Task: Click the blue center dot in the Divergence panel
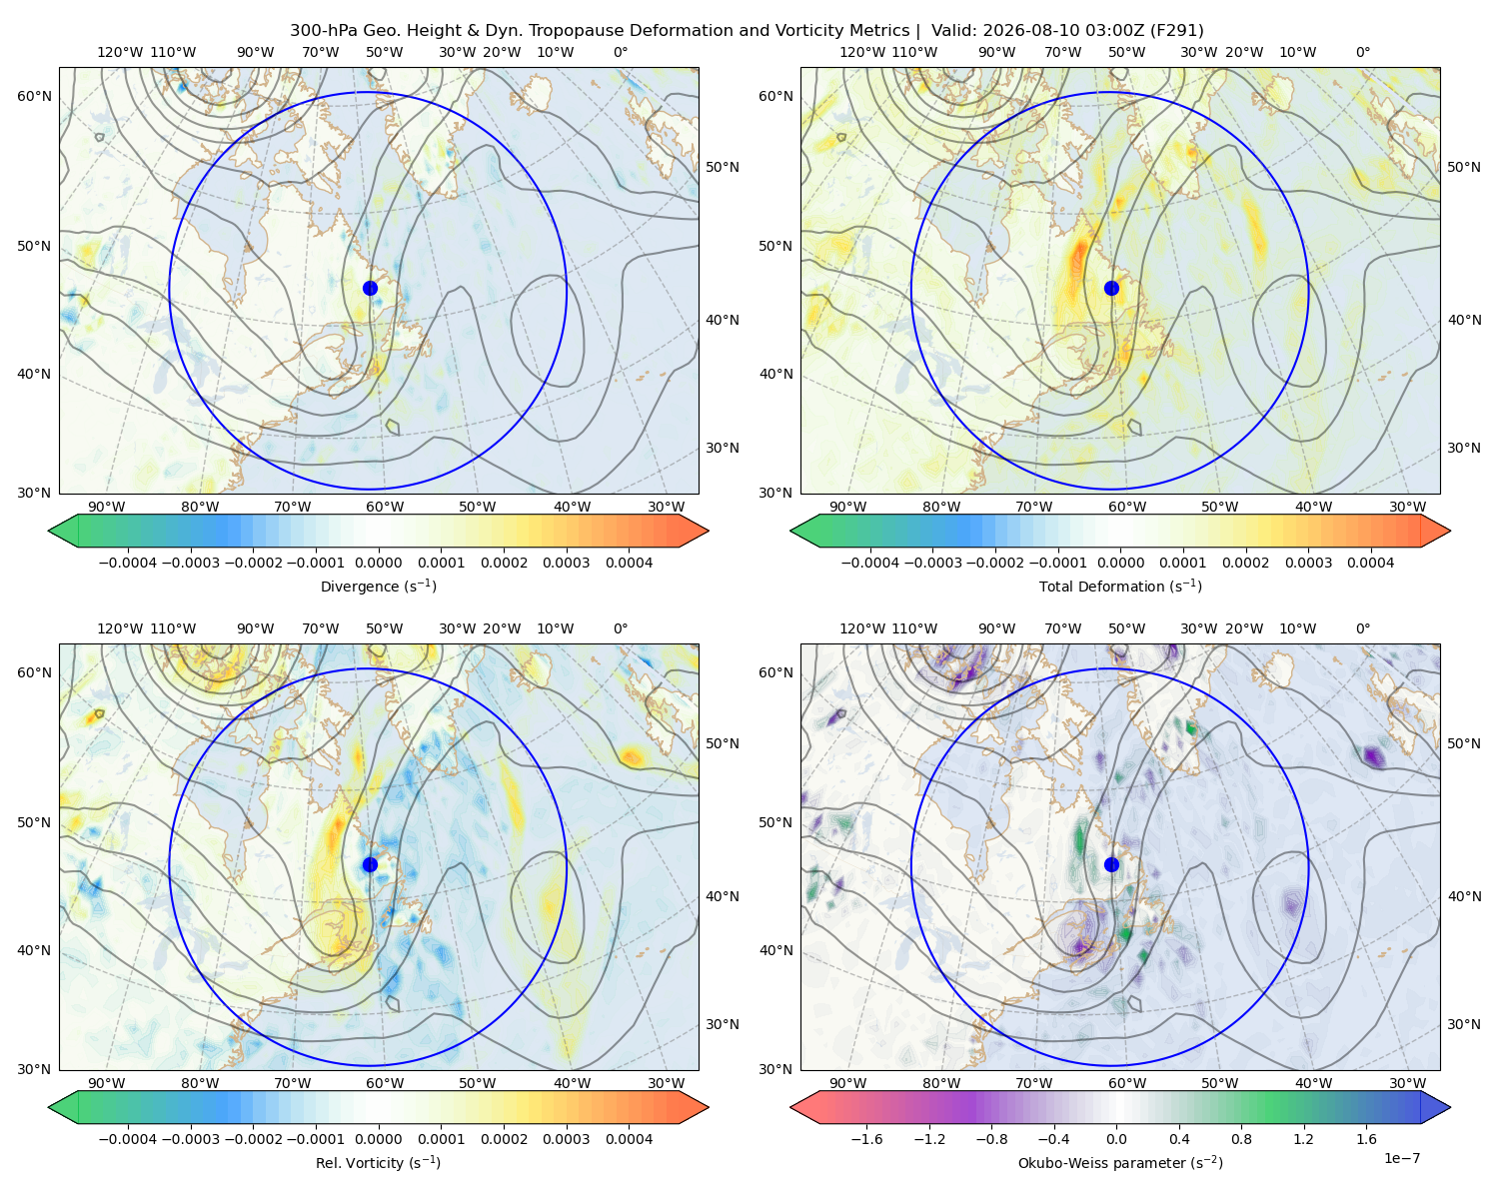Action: click(x=370, y=288)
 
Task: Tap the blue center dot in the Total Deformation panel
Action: click(x=1111, y=288)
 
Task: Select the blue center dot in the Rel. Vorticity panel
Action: click(x=370, y=864)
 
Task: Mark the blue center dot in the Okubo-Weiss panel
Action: click(x=1111, y=864)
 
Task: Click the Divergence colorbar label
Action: click(x=378, y=586)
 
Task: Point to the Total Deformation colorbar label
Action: click(x=1120, y=586)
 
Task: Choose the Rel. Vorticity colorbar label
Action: click(x=378, y=1162)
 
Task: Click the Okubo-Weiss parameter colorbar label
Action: click(x=1120, y=1162)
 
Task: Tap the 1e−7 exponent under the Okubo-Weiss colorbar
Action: click(x=1401, y=1158)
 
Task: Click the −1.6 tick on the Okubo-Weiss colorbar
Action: click(x=865, y=1139)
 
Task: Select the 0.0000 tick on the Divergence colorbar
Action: click(x=378, y=563)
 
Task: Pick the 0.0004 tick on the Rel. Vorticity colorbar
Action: click(x=629, y=1139)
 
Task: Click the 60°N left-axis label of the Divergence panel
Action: click(x=34, y=96)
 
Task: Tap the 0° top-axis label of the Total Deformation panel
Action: click(x=1362, y=52)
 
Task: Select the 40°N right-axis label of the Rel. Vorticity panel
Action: click(x=723, y=896)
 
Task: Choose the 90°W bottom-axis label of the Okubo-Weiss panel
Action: click(x=847, y=1083)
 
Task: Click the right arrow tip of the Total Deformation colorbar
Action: click(x=1450, y=531)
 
